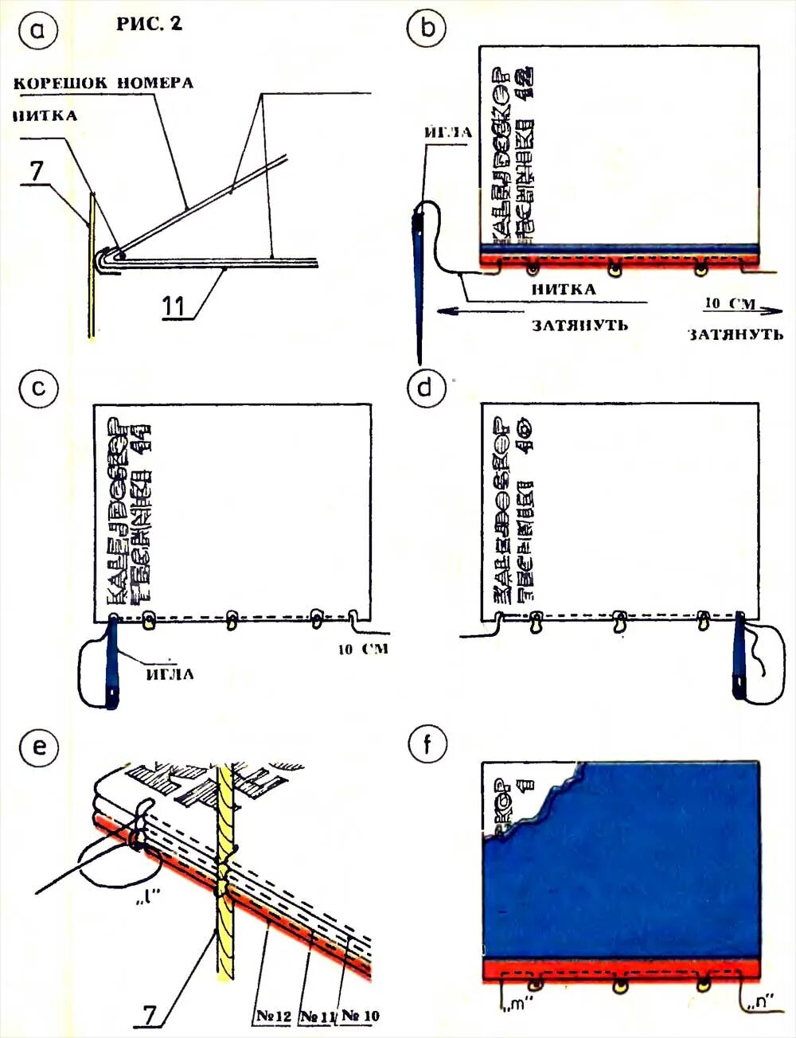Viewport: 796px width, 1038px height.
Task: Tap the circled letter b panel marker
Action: click(428, 29)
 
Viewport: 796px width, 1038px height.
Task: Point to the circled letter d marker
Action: click(427, 388)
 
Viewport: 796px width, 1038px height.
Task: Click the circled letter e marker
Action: click(39, 747)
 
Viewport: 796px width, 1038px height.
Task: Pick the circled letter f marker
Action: click(427, 745)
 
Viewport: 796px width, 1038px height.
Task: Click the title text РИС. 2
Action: click(149, 25)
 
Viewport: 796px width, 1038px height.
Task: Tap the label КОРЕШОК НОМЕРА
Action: click(103, 83)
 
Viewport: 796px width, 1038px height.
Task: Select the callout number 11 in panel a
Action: click(177, 306)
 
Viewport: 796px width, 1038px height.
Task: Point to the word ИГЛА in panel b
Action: click(447, 133)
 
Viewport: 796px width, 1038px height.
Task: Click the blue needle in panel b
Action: click(419, 271)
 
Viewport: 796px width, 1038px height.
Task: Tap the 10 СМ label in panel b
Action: click(728, 303)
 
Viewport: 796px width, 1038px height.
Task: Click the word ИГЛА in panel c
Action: click(170, 674)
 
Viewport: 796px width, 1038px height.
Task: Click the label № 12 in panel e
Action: click(274, 1017)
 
